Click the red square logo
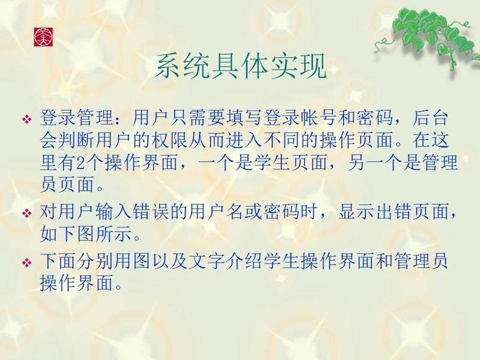click(x=43, y=37)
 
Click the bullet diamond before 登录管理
click(x=27, y=119)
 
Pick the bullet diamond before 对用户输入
click(x=27, y=213)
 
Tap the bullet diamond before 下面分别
click(x=27, y=263)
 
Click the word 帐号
click(x=318, y=118)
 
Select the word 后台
click(x=430, y=118)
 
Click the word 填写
click(x=244, y=118)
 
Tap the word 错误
click(x=151, y=212)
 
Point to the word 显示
click(x=356, y=212)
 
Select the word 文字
click(x=206, y=260)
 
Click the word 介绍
click(x=244, y=260)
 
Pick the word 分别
click(x=95, y=260)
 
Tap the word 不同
click(x=281, y=140)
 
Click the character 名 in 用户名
click(x=235, y=212)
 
